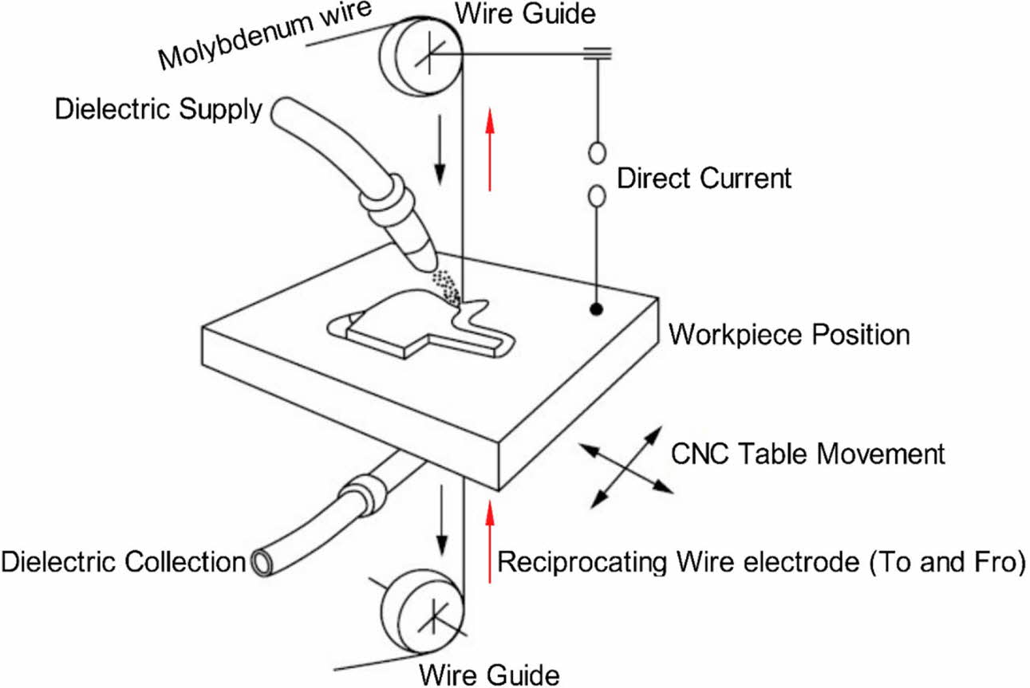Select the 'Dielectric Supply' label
pyautogui.click(x=157, y=109)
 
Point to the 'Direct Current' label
pyautogui.click(x=704, y=177)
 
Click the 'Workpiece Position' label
pyautogui.click(x=788, y=333)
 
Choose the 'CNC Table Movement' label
pyautogui.click(x=807, y=454)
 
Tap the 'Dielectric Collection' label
pyautogui.click(x=122, y=561)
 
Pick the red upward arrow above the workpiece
pyautogui.click(x=490, y=150)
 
